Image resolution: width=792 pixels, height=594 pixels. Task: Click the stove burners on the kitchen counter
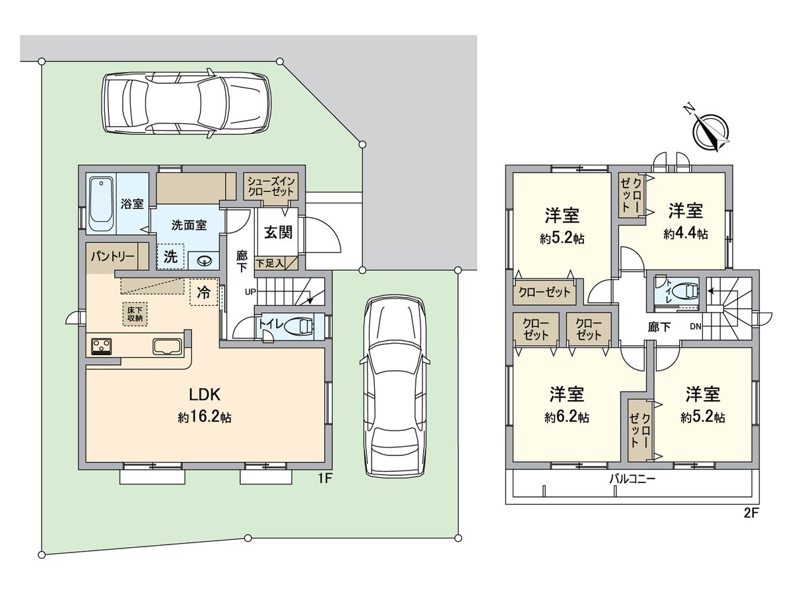[102, 346]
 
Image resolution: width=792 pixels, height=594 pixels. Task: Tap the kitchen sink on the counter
[168, 346]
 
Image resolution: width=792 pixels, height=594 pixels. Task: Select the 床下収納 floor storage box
[134, 313]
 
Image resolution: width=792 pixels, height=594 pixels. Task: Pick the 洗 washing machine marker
[170, 257]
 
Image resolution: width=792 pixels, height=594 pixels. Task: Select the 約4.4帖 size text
[686, 234]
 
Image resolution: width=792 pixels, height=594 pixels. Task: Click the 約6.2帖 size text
[567, 417]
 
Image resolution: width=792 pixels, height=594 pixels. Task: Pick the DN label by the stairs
[695, 326]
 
